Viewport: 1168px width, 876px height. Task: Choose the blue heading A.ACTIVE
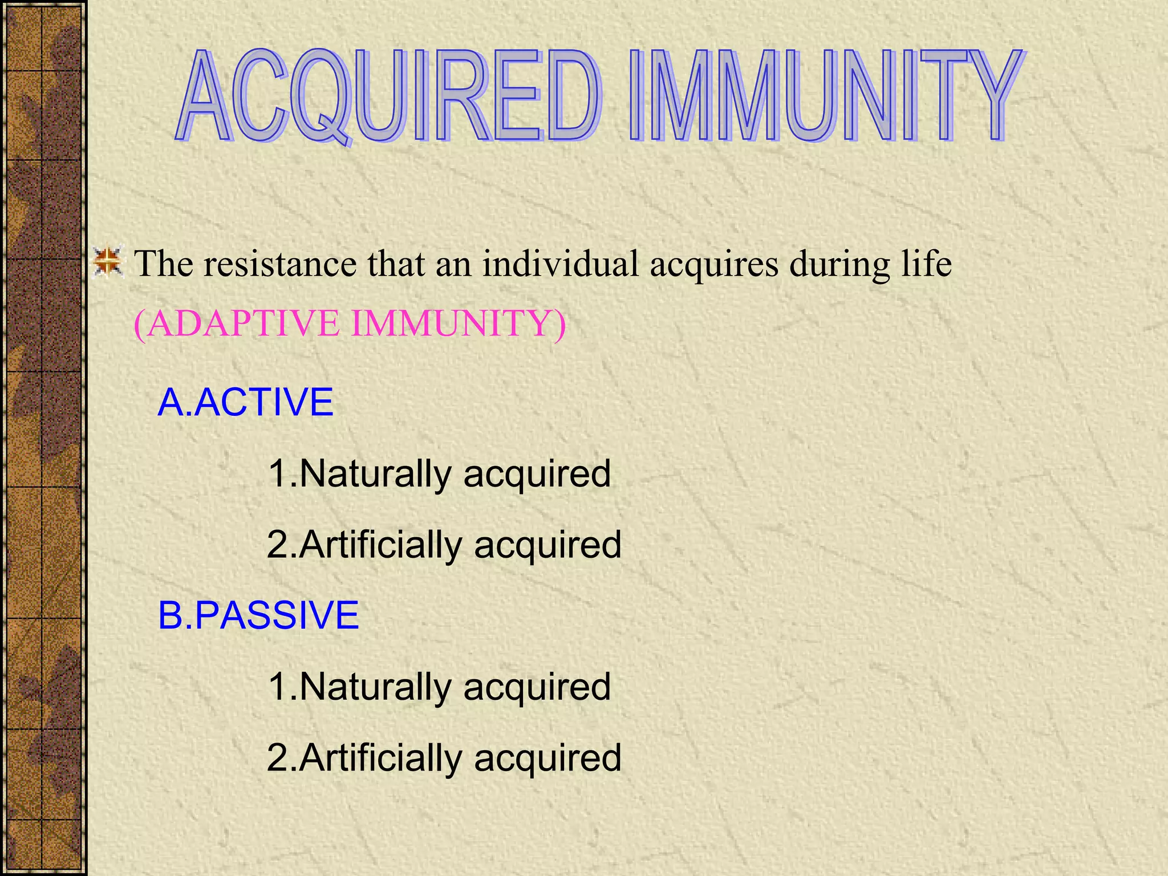(245, 402)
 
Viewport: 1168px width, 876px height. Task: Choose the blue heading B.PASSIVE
(258, 615)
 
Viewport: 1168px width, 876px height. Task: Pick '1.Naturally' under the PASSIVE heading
(359, 687)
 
